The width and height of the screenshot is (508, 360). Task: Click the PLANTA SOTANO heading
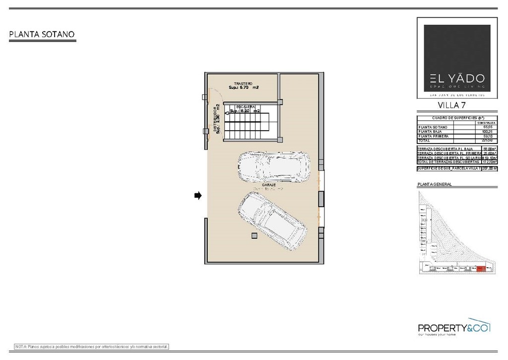[42, 35]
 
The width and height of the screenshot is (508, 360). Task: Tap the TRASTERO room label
[244, 83]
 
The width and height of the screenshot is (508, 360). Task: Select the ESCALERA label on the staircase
[246, 107]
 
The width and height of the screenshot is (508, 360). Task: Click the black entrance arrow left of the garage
[197, 196]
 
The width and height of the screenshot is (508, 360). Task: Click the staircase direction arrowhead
[227, 114]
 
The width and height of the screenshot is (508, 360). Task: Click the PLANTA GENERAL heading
[435, 184]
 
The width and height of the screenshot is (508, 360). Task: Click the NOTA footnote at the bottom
[92, 346]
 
